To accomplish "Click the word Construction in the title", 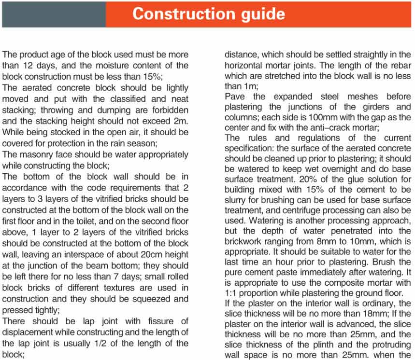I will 172,14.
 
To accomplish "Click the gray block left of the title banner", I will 53,14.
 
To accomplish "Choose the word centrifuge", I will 317,210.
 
